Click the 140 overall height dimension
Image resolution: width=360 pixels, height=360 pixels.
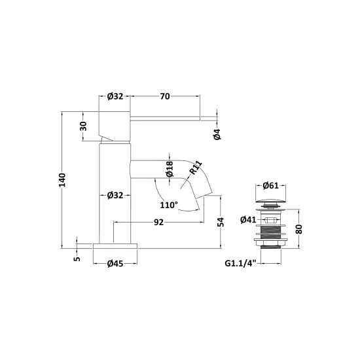[x=62, y=180]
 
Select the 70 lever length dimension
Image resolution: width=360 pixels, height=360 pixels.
[x=165, y=96]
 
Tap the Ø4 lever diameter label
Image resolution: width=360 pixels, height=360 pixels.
[x=217, y=134]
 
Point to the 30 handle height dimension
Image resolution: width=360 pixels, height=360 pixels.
[x=84, y=126]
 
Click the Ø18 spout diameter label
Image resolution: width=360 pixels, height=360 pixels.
[x=170, y=169]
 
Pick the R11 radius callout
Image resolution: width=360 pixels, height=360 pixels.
[x=196, y=168]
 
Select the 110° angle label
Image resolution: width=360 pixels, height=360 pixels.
[x=169, y=205]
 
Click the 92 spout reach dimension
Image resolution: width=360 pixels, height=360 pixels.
[x=158, y=223]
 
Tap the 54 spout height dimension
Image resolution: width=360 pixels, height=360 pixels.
[x=221, y=222]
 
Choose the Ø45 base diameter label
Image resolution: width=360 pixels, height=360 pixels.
[x=115, y=264]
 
